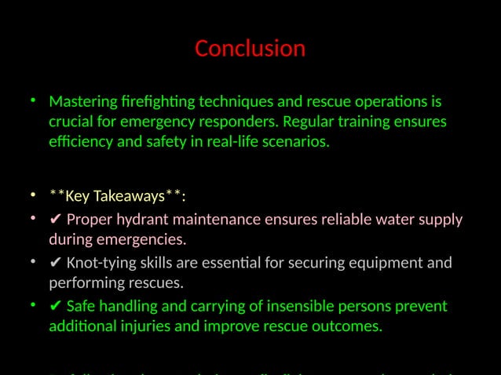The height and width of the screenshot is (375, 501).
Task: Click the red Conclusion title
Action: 250,49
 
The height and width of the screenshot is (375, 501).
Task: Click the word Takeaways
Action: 132,195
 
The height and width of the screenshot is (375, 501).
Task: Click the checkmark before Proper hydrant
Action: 55,220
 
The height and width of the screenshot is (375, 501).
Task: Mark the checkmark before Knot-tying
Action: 55,263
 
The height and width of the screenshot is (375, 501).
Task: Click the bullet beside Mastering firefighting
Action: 34,102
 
